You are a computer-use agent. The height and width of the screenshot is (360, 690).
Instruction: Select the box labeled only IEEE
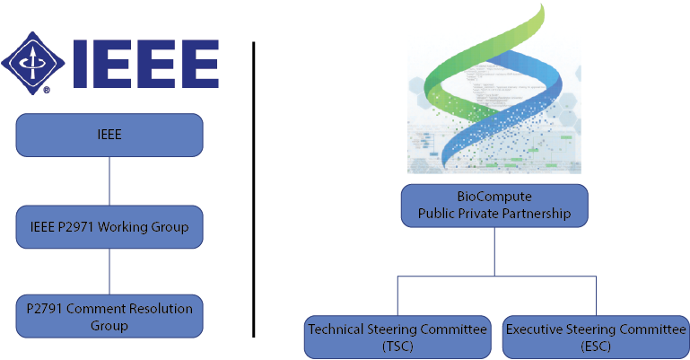[x=109, y=135]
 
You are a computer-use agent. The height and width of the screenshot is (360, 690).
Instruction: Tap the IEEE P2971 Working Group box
[x=109, y=227]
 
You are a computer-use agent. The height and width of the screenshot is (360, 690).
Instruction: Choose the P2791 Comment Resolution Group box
[x=109, y=317]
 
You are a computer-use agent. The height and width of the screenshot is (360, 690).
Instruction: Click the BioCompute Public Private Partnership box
[x=494, y=206]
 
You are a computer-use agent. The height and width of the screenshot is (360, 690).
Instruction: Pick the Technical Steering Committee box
[x=397, y=337]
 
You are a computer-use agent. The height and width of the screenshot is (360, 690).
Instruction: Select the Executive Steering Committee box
[x=594, y=337]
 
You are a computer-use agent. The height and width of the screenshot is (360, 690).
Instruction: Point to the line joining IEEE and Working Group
[x=109, y=181]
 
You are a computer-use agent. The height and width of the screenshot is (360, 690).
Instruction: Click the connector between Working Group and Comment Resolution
[x=109, y=272]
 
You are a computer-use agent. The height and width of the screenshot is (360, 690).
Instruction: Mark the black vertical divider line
[x=254, y=189]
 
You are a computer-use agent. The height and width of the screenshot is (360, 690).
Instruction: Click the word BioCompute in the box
[x=494, y=198]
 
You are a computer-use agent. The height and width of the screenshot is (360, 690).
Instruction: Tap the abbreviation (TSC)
[x=397, y=346]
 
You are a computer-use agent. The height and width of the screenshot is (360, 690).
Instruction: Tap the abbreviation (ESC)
[x=594, y=346]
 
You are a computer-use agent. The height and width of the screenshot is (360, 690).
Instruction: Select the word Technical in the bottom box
[x=339, y=329]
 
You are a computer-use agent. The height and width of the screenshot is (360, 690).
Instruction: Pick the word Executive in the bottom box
[x=536, y=329]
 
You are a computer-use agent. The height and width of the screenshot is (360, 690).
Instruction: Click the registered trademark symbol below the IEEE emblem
[x=45, y=90]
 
